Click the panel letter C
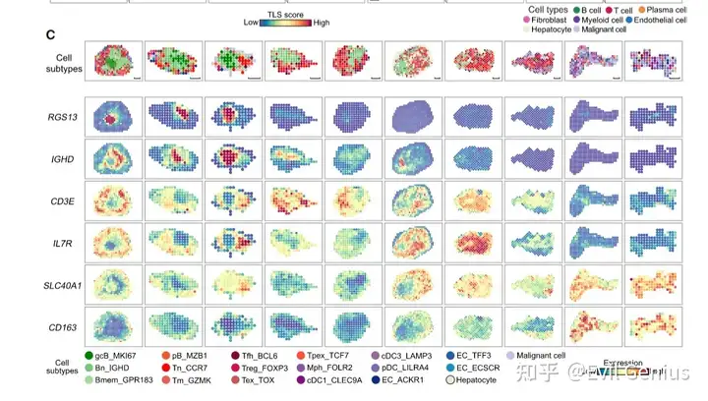tap(49, 35)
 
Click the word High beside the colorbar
tap(322, 22)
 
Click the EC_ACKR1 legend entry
tap(476, 379)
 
